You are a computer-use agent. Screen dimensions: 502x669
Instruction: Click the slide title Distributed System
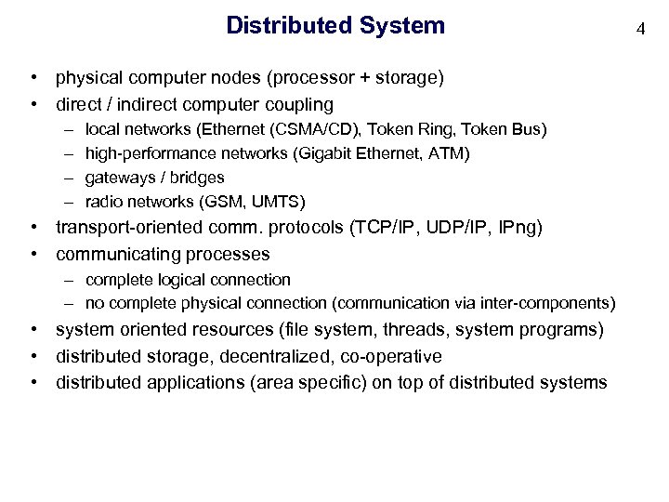click(335, 25)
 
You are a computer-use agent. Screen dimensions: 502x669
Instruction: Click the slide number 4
click(640, 29)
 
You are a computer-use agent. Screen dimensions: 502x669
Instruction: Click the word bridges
click(197, 178)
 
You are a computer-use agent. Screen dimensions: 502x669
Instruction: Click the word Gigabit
click(339, 152)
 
